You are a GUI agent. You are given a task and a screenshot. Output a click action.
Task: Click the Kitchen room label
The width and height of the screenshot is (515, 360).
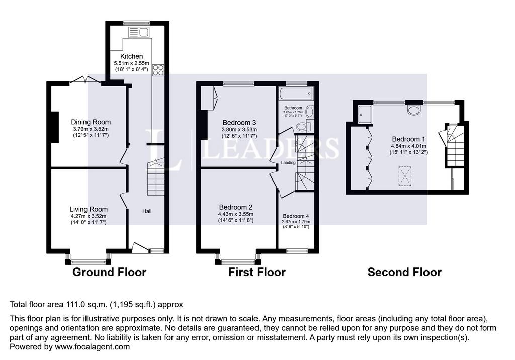click(131, 56)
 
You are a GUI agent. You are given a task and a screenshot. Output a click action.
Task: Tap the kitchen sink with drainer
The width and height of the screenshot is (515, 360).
click(139, 32)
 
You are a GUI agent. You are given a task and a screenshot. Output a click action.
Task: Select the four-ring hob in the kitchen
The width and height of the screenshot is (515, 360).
click(158, 70)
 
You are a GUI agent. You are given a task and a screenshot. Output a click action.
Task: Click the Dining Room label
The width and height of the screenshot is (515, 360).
click(91, 122)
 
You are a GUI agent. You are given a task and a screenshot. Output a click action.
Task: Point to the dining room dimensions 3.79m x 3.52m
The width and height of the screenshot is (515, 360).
click(91, 129)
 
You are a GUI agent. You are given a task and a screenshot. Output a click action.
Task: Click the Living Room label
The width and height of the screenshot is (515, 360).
click(89, 209)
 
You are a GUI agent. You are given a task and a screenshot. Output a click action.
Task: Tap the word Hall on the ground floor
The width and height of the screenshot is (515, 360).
click(147, 211)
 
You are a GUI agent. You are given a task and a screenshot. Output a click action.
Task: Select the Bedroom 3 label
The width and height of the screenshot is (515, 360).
click(239, 123)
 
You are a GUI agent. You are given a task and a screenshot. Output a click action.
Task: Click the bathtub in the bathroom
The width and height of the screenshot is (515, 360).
click(296, 94)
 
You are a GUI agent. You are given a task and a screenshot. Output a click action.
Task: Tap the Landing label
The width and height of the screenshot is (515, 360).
click(288, 163)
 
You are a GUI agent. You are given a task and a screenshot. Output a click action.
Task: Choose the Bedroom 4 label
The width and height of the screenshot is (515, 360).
click(296, 216)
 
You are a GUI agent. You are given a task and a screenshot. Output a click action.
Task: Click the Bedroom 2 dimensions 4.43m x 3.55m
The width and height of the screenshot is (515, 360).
click(236, 214)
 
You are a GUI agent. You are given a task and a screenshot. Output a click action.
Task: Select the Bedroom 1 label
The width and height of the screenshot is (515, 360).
click(406, 139)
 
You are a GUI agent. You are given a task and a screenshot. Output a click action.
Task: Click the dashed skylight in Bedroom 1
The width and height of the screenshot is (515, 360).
click(405, 176)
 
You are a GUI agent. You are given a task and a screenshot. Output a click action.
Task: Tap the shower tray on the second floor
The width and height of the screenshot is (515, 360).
click(365, 114)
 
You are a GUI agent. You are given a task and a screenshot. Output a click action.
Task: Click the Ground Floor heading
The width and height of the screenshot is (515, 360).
click(109, 272)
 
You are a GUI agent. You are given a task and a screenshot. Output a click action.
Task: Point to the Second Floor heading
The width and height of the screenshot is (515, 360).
click(404, 272)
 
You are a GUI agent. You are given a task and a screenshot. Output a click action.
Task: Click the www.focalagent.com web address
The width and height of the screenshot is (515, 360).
click(93, 347)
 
